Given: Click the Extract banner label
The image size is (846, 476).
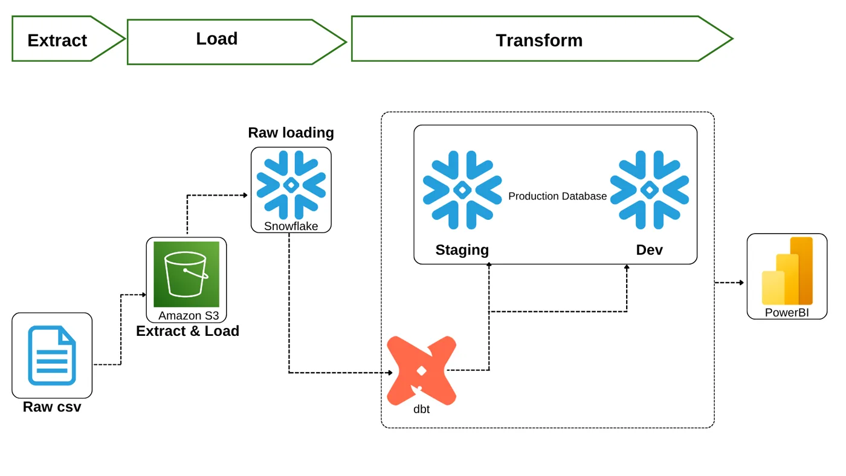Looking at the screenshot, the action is tap(57, 40).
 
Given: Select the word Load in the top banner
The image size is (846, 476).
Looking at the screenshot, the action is tap(217, 39).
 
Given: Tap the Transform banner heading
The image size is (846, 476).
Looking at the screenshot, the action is tap(539, 40).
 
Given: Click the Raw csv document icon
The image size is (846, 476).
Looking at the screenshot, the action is tap(52, 355).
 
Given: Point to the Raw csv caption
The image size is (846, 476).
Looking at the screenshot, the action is tap(52, 407).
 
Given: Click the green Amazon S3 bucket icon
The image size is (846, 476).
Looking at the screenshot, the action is tap(186, 274).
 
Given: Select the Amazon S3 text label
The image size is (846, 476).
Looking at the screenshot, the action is tap(189, 315).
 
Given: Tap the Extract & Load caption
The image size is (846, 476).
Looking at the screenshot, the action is tap(188, 331).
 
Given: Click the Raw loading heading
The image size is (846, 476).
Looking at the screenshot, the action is tap(291, 133).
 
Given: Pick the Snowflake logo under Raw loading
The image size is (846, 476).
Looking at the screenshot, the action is tap(291, 185).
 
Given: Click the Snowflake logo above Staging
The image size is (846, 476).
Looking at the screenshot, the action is tap(462, 190).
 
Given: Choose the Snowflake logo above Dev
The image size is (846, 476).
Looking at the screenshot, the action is tap(650, 190).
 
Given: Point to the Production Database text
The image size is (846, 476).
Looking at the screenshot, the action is tap(557, 196).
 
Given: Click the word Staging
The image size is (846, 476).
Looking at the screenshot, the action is tap(462, 250).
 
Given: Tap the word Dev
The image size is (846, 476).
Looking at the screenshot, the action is tap(649, 250).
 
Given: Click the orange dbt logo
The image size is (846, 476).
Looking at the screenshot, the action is tap(422, 371).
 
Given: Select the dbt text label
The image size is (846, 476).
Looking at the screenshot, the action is tap(422, 409).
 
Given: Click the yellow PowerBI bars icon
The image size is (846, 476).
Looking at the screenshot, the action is tap(787, 271).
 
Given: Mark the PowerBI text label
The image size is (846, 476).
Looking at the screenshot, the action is tap(787, 312).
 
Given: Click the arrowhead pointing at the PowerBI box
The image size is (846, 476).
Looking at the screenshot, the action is tap(742, 282).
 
